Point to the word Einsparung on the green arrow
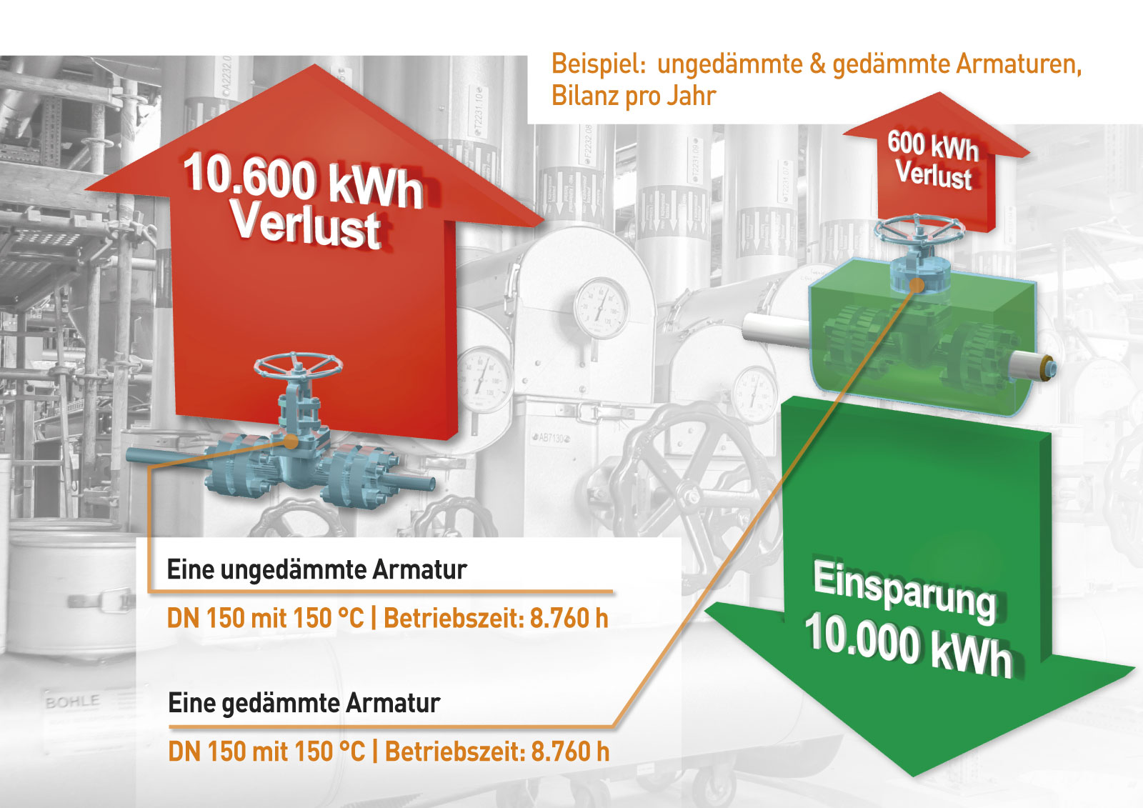(904, 592)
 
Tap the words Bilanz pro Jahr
(634, 96)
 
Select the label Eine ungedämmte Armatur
(317, 569)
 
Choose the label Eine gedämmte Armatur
(304, 704)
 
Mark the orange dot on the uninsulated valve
(290, 442)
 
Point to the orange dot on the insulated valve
(917, 285)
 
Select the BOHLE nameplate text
(72, 702)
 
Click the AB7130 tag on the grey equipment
(551, 438)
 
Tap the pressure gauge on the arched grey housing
(601, 309)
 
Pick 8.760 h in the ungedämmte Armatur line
(569, 618)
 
